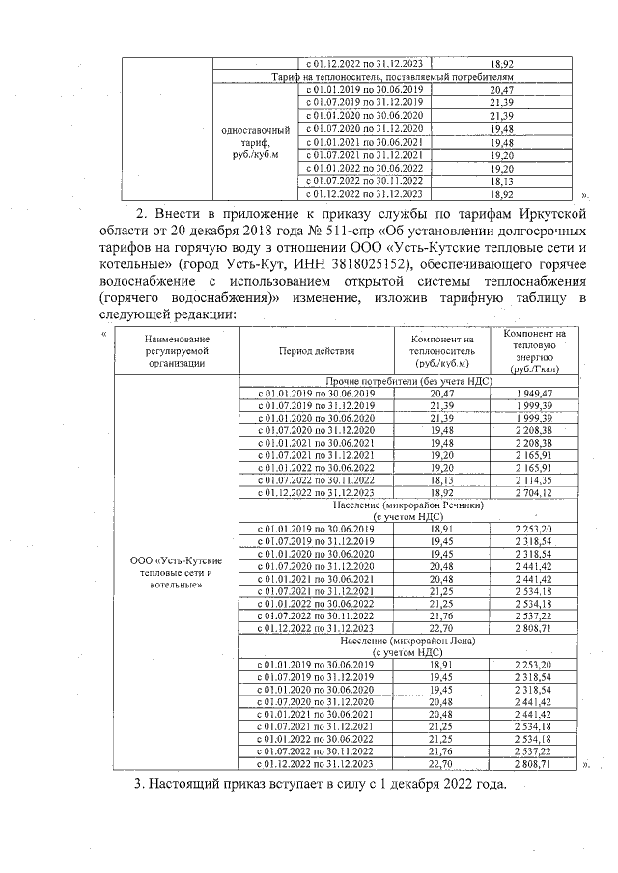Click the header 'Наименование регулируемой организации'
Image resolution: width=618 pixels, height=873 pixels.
pos(176,352)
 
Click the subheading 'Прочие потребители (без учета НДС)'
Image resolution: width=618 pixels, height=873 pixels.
pos(410,382)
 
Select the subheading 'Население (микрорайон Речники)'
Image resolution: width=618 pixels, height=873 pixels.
pos(410,505)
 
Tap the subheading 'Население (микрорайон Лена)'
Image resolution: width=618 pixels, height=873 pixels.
pos(410,640)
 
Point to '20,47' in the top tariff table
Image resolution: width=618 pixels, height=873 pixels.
pos(500,88)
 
